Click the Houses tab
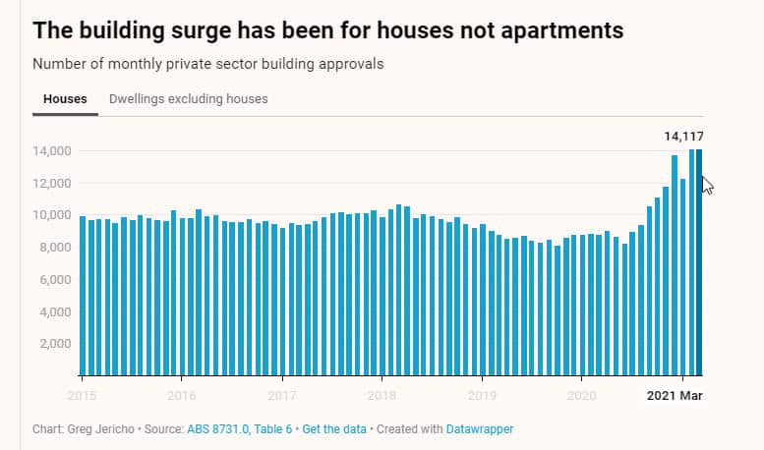[x=65, y=99]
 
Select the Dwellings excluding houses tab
[x=188, y=99]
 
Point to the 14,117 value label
[x=684, y=137]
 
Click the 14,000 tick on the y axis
[x=52, y=151]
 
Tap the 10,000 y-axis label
[x=52, y=215]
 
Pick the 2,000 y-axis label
[x=56, y=344]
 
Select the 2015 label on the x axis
[x=82, y=396]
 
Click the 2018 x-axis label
[x=382, y=396]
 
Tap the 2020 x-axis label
[x=582, y=396]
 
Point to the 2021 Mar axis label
[x=676, y=396]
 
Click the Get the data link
[x=334, y=429]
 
